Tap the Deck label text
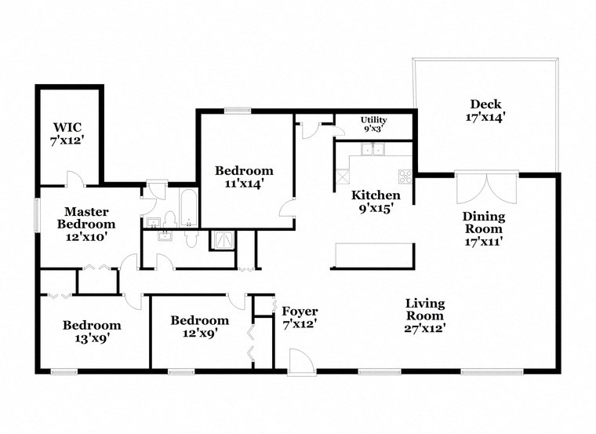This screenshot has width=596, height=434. (x=485, y=111)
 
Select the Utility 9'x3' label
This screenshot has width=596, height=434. (x=373, y=124)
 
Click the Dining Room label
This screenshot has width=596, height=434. (x=483, y=228)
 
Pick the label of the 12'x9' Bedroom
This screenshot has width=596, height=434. (x=199, y=326)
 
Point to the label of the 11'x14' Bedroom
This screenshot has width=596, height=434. (x=245, y=177)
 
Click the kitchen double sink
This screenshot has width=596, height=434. (x=372, y=149)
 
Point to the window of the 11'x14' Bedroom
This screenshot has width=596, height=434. (x=236, y=111)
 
